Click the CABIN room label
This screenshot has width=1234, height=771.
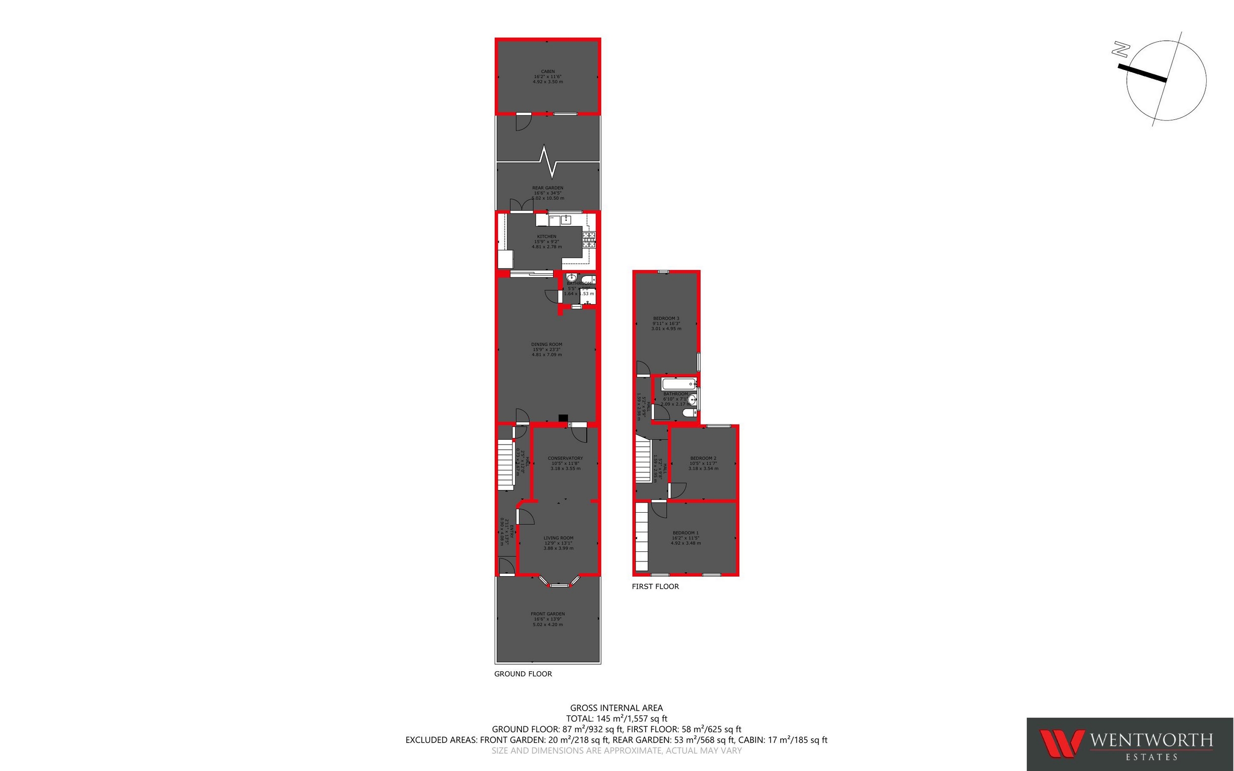pyautogui.click(x=547, y=72)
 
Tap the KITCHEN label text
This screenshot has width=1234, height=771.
pyautogui.click(x=546, y=237)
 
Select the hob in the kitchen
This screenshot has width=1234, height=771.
pyautogui.click(x=589, y=239)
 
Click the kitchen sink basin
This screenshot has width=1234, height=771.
pyautogui.click(x=566, y=220)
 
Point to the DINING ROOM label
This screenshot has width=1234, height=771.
pyautogui.click(x=546, y=344)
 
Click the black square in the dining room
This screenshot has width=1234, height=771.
pyautogui.click(x=563, y=418)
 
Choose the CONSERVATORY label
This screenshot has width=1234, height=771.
pyautogui.click(x=565, y=458)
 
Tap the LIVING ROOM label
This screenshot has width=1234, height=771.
pyautogui.click(x=559, y=538)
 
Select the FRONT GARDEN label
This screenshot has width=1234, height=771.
pyautogui.click(x=547, y=614)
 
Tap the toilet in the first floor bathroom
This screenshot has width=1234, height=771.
pyautogui.click(x=689, y=412)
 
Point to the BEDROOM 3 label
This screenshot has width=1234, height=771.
pyautogui.click(x=666, y=319)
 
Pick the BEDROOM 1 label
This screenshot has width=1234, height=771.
pyautogui.click(x=685, y=533)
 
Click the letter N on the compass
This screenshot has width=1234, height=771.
pyautogui.click(x=1120, y=49)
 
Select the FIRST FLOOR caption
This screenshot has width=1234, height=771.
pyautogui.click(x=655, y=586)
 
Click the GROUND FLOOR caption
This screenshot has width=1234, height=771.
pyautogui.click(x=523, y=674)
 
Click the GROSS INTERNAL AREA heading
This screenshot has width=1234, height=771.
pyautogui.click(x=616, y=708)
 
